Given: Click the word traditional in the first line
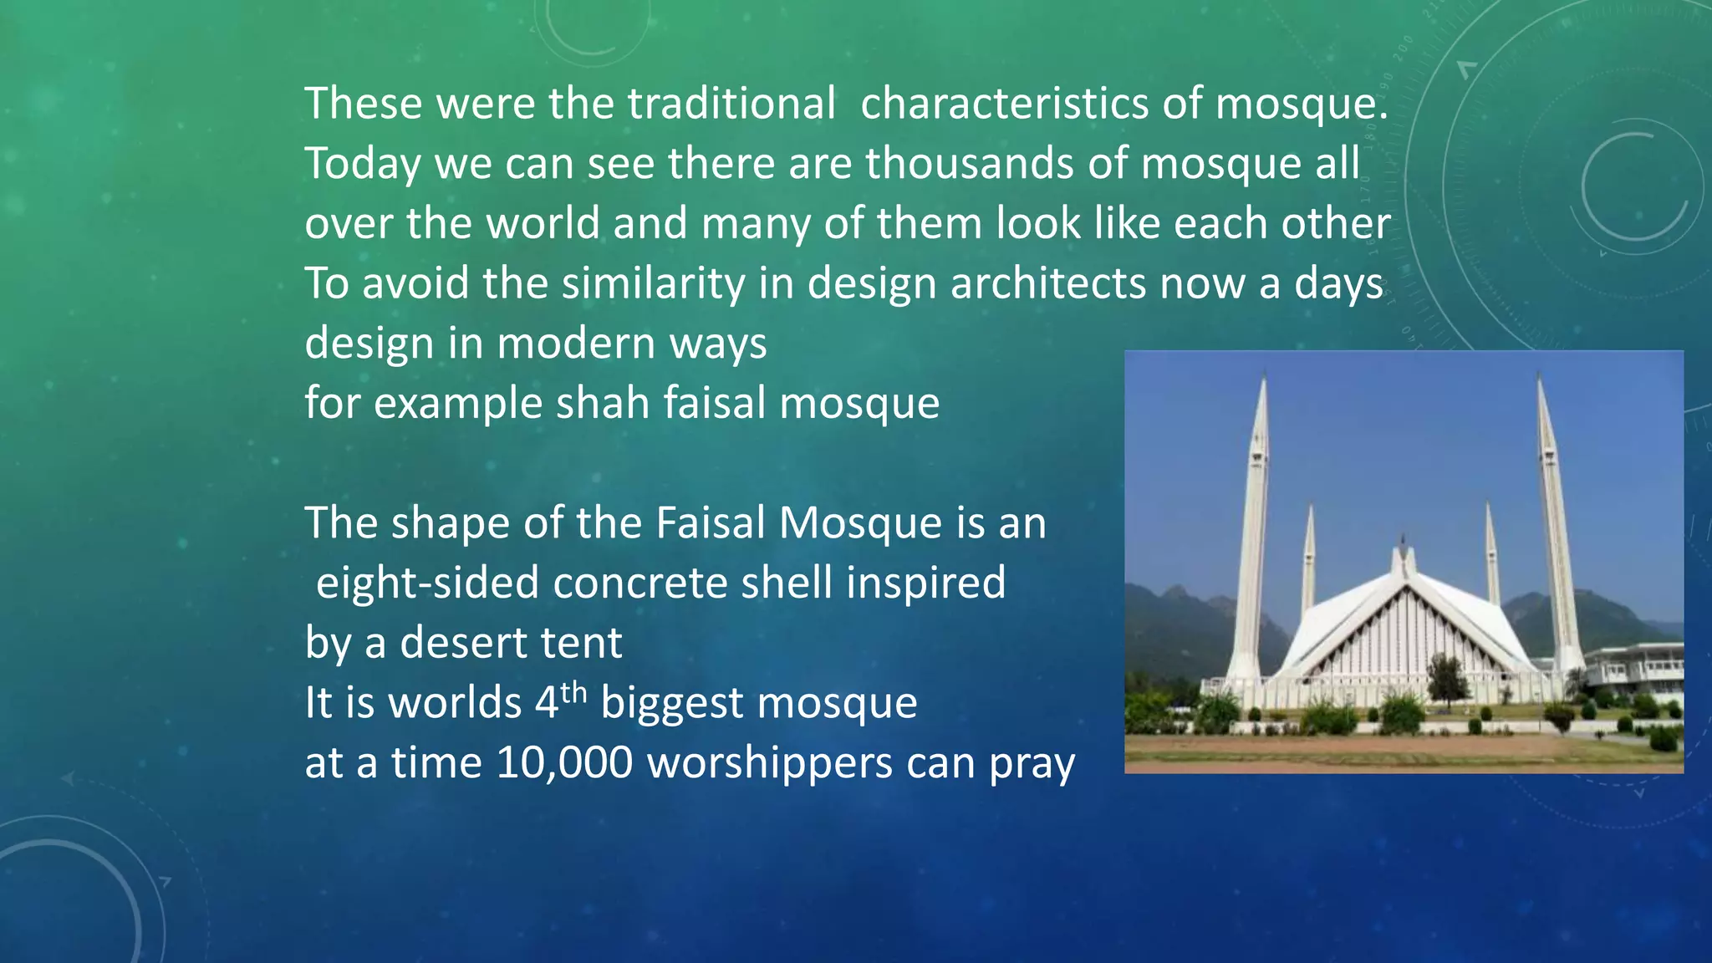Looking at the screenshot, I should [731, 104].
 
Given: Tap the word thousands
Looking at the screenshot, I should [969, 163].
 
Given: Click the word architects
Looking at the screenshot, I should [1047, 283].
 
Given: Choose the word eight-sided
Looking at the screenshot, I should [427, 583].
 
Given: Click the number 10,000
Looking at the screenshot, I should [564, 762].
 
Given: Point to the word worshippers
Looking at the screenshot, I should [770, 762].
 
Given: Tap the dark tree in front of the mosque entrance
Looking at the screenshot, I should [1447, 677].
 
